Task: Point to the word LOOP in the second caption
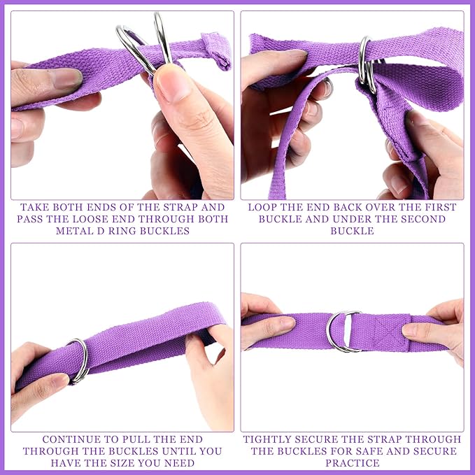pyautogui.click(x=261, y=207)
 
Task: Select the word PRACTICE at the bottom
pyautogui.click(x=353, y=463)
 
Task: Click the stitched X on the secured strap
pyautogui.click(x=390, y=332)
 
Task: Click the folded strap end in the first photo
pyautogui.click(x=217, y=50)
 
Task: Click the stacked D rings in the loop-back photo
pyautogui.click(x=367, y=65)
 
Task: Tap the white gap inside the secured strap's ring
pyautogui.click(x=348, y=332)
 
